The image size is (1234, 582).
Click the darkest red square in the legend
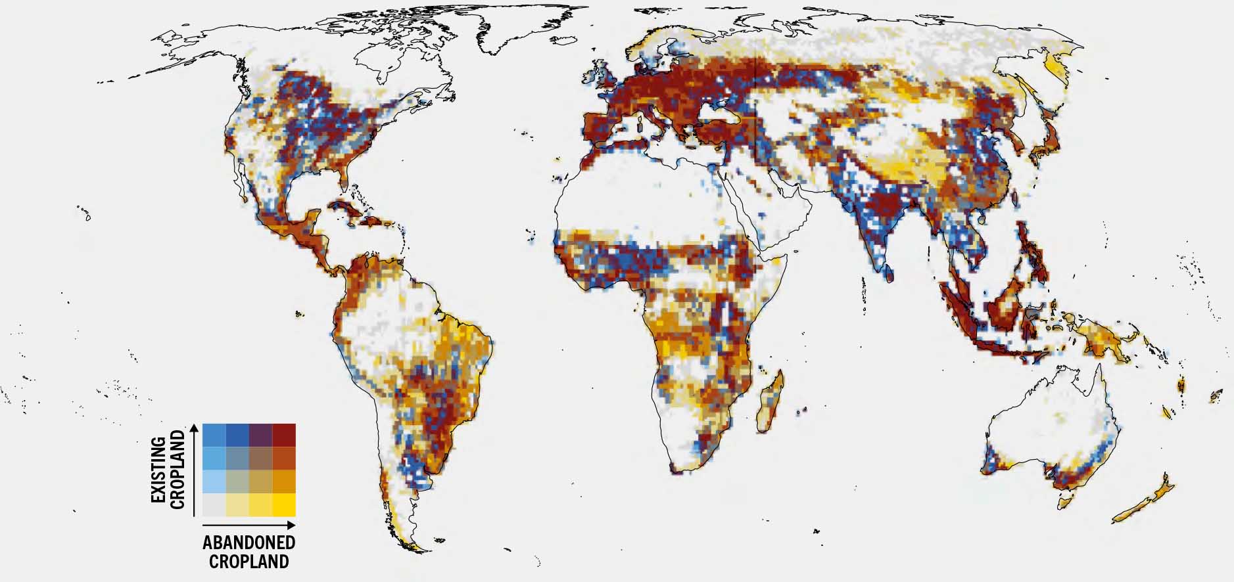(284, 436)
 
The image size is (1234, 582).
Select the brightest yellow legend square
(284, 504)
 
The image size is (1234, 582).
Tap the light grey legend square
(214, 504)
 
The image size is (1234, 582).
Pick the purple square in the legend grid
(260, 436)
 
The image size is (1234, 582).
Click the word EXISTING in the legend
(158, 467)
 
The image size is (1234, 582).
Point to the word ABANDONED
(249, 543)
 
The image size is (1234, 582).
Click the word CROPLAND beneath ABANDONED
(249, 562)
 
